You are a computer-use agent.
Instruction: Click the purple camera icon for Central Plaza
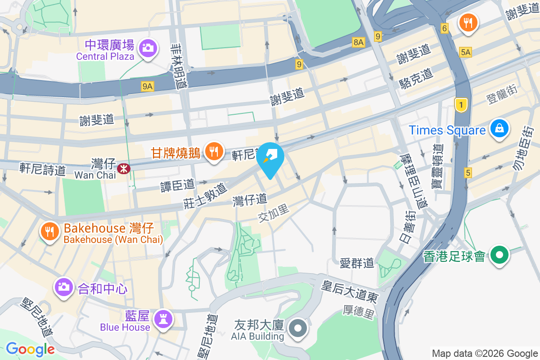coord(147,47)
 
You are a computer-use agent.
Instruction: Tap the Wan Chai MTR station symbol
coord(122,169)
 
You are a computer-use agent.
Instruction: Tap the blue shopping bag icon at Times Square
coord(499,128)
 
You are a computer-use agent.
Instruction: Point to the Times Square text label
coord(447,130)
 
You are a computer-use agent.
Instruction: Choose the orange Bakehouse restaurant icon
coord(50,231)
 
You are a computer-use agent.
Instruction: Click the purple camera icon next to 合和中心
coord(63,286)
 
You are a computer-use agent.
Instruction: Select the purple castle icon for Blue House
coord(162,319)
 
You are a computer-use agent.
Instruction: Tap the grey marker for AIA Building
coord(297,328)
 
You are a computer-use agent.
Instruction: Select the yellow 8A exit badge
coord(358,42)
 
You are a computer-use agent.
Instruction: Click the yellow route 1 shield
coord(460,105)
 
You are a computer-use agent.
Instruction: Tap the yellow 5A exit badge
coord(465,53)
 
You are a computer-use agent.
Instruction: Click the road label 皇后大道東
coord(349,291)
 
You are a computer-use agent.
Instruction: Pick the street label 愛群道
coord(357,263)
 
